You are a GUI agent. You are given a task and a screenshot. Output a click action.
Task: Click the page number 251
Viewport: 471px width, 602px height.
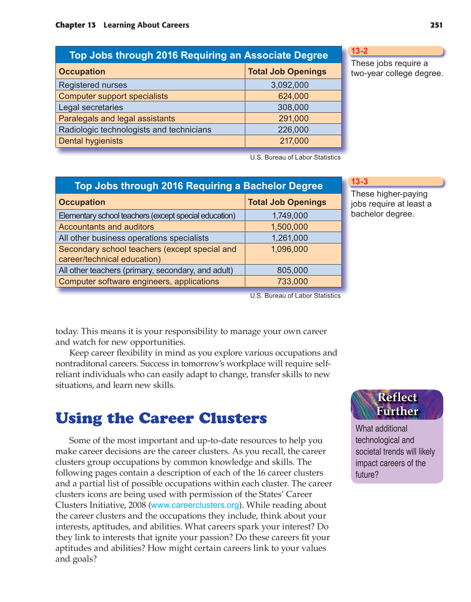click(x=436, y=25)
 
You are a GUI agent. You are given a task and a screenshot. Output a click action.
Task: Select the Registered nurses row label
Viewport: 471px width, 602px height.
click(x=93, y=85)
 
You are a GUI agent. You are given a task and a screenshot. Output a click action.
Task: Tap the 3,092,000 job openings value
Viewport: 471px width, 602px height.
click(x=290, y=85)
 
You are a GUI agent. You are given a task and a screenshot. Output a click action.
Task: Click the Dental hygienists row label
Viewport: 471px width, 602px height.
click(x=90, y=141)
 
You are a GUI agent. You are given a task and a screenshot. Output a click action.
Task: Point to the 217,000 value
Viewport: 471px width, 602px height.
click(x=294, y=141)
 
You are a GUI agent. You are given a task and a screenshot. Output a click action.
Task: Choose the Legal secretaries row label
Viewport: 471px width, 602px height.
click(x=90, y=107)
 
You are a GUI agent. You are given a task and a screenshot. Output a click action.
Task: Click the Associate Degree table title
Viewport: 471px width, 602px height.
click(x=198, y=55)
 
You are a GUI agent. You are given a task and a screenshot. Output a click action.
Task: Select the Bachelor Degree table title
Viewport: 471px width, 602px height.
click(x=198, y=186)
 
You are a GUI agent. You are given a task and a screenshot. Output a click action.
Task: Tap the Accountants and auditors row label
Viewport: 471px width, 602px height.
click(x=106, y=227)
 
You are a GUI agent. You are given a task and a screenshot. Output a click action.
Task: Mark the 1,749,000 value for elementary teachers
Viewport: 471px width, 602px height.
click(x=290, y=216)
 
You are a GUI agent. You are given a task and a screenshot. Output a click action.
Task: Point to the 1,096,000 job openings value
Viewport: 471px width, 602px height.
click(x=290, y=249)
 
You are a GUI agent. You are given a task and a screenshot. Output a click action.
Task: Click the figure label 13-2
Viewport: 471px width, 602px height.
click(x=359, y=51)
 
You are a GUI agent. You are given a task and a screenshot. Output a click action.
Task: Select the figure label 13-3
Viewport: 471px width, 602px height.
click(x=359, y=182)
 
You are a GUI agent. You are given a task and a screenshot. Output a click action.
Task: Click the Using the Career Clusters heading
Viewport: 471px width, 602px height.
click(x=161, y=418)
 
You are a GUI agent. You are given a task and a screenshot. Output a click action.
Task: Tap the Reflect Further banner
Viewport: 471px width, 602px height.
click(x=397, y=404)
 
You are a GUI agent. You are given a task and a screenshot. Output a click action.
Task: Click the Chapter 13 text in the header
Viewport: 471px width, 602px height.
click(x=75, y=25)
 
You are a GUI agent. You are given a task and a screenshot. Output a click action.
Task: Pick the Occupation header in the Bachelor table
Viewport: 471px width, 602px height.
click(x=82, y=202)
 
